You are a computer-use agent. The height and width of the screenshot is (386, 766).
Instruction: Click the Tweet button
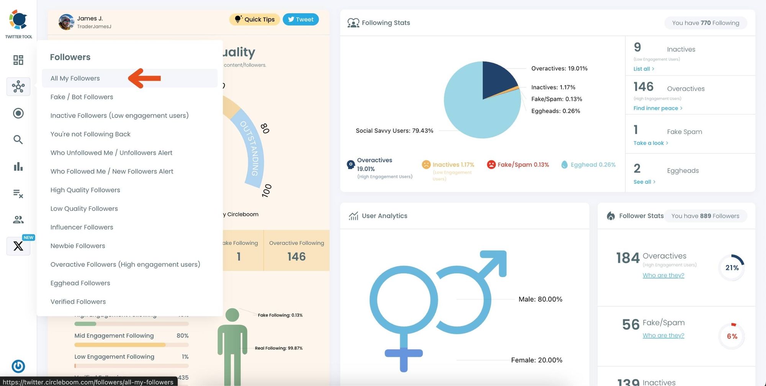coord(301,20)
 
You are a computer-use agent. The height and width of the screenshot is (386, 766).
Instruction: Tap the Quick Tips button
coord(254,20)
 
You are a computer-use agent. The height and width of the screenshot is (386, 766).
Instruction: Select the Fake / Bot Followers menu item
coord(82,97)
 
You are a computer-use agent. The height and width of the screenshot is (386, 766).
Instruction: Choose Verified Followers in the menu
coord(78,302)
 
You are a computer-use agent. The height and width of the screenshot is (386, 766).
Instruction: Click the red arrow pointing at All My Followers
coord(144,78)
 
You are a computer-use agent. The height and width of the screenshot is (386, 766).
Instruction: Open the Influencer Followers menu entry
coord(82,227)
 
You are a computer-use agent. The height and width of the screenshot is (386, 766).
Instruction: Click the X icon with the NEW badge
coord(18,246)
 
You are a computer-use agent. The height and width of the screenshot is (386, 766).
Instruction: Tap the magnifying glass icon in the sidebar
coord(18,140)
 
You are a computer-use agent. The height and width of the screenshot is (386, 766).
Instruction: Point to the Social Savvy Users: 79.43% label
coord(394,131)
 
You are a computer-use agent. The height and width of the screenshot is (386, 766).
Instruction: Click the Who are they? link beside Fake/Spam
coord(663,335)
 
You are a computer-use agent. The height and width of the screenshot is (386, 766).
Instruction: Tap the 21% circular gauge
coord(732,268)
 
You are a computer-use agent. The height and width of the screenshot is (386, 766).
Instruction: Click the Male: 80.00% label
coord(540,299)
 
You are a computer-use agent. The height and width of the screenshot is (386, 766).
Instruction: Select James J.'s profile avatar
coord(66,22)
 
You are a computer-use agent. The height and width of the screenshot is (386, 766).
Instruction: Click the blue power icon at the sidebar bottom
coord(18,366)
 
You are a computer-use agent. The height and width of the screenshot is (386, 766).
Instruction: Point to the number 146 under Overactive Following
coord(296,257)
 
